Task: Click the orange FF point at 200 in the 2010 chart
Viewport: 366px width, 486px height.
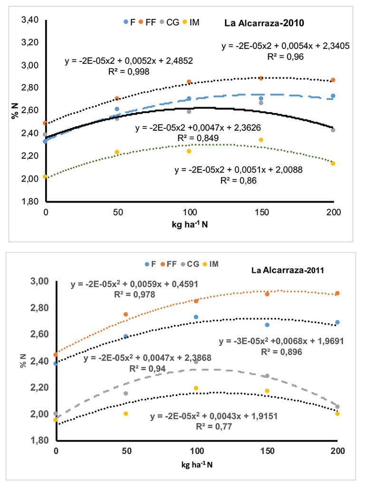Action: coord(333,80)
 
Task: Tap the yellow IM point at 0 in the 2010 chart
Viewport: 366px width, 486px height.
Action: coord(45,176)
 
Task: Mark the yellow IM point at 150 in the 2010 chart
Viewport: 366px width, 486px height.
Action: coord(261,140)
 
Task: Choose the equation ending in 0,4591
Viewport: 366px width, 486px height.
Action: coord(135,285)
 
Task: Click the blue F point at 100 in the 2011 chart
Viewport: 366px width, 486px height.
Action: coord(196,317)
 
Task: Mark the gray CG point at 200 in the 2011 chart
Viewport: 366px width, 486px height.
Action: coord(337,407)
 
